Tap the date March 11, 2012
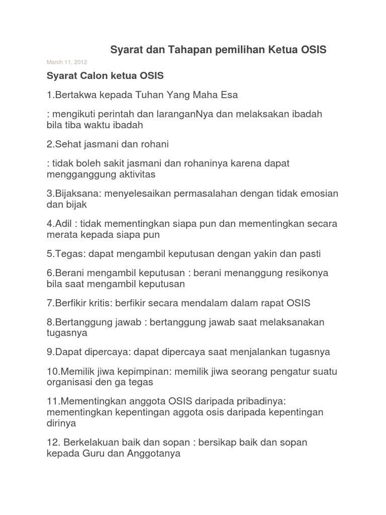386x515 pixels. tap(67, 62)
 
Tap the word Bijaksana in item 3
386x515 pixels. tap(73, 194)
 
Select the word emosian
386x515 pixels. tap(319, 194)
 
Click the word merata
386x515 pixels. tap(61, 234)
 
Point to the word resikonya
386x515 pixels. tap(303, 273)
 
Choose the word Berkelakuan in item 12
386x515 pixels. tap(91, 443)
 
